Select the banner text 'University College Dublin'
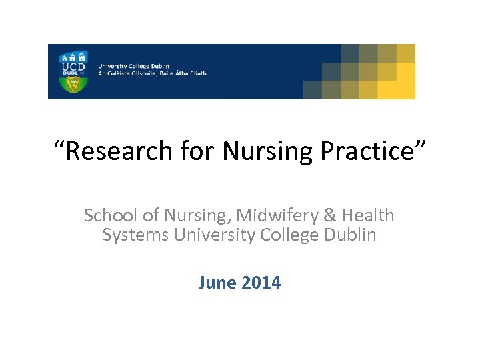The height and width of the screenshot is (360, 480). (x=134, y=66)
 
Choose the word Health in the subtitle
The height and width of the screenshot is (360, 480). (x=367, y=216)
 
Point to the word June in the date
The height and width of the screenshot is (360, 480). (x=217, y=283)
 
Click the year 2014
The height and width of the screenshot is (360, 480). (x=261, y=283)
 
